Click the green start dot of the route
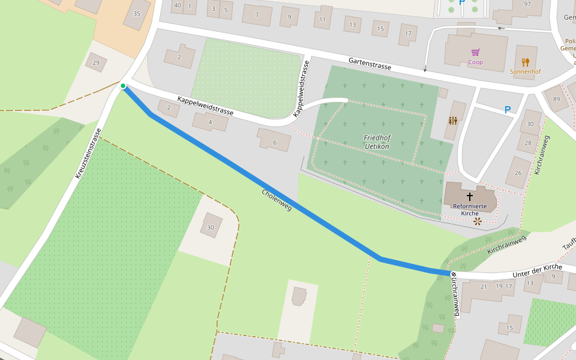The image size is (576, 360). click(123, 86)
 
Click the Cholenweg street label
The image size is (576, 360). click(277, 200)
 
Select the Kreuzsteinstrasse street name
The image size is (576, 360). click(88, 153)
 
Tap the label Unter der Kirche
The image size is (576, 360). click(537, 271)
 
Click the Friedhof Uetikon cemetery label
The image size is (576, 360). click(376, 142)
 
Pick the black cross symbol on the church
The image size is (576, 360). click(470, 196)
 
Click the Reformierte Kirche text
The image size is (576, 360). click(470, 209)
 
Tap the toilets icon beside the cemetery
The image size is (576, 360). click(452, 120)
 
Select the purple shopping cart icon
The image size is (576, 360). click(475, 52)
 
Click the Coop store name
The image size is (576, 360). click(475, 62)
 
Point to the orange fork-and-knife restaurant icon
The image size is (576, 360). click(526, 62)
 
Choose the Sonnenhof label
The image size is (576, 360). click(525, 72)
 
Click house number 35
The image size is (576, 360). click(137, 14)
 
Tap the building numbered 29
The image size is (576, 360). click(96, 62)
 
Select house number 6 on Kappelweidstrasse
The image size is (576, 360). click(274, 142)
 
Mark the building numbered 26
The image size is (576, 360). click(518, 173)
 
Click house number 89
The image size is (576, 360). click(556, 99)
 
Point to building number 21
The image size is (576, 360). click(484, 286)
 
